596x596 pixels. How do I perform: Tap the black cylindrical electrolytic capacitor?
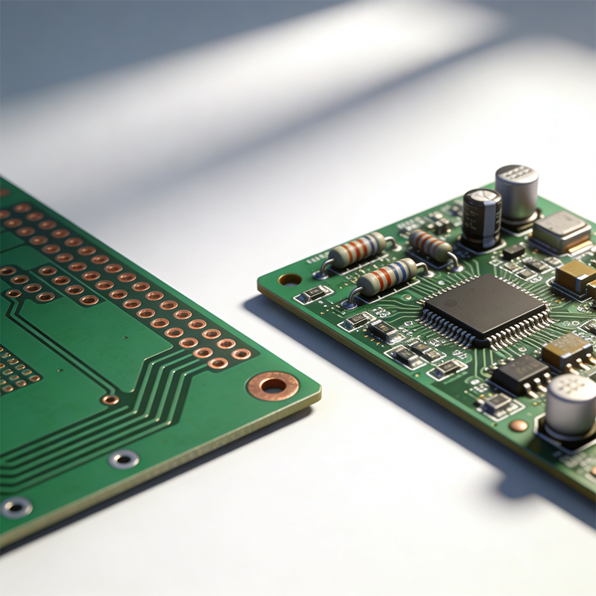(481, 218)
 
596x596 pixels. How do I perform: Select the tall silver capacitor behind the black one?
(517, 195)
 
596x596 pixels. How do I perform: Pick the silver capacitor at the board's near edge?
(571, 409)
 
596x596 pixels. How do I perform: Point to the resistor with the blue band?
(388, 277)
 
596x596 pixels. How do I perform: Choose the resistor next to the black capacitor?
(431, 246)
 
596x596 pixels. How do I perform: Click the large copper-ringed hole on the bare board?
(273, 385)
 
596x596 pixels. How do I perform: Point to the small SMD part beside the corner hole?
(312, 294)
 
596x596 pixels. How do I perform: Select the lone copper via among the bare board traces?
(110, 399)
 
